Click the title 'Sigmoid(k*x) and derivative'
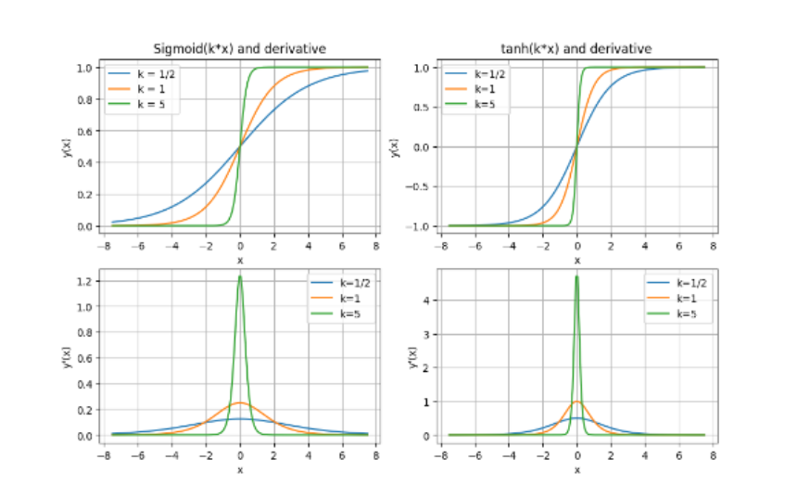click(239, 49)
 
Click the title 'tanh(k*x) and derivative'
click(576, 49)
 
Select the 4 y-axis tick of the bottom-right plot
click(429, 300)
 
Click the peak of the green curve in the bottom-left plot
click(240, 276)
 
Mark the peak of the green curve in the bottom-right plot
click(576, 275)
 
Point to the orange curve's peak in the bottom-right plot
click(576, 402)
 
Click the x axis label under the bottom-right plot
click(576, 470)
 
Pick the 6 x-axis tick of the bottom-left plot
click(342, 455)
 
